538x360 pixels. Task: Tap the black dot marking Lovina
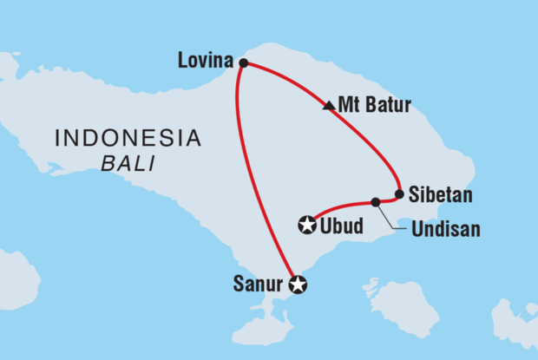tap(244, 62)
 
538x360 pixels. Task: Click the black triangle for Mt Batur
tap(327, 107)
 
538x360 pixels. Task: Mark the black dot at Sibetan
tap(399, 194)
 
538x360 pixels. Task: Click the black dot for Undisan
tap(376, 202)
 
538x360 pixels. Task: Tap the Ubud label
tap(341, 226)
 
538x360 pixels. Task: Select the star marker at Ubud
tap(306, 225)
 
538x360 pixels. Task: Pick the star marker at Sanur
tap(298, 284)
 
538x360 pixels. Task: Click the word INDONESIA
tap(128, 138)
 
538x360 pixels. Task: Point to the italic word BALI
tap(128, 162)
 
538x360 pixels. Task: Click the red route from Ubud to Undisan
tap(343, 205)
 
